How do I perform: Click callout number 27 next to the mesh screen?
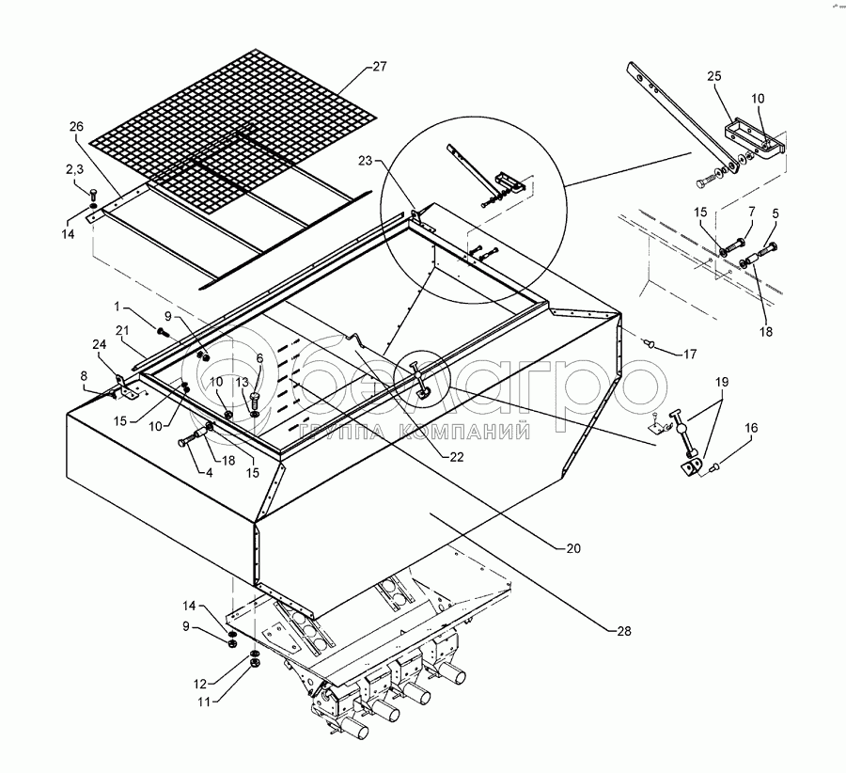(379, 67)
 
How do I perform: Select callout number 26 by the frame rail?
(76, 126)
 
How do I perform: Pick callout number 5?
(775, 214)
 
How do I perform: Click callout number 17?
(691, 355)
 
